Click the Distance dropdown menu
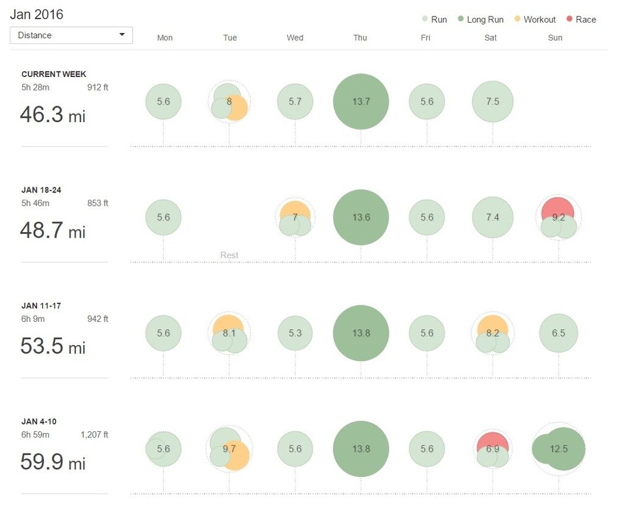[71, 35]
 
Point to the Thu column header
[360, 38]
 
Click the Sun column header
[555, 38]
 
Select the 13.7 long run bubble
[361, 101]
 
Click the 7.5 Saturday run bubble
[493, 101]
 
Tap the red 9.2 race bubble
[558, 211]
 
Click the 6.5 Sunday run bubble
[558, 333]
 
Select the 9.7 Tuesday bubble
[229, 449]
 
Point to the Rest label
[229, 255]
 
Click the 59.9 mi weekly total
[52, 462]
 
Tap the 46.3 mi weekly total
[52, 114]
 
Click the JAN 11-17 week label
[41, 305]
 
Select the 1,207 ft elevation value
[94, 435]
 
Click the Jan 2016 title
[37, 14]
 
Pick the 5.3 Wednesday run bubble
[295, 333]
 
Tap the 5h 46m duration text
[35, 203]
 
